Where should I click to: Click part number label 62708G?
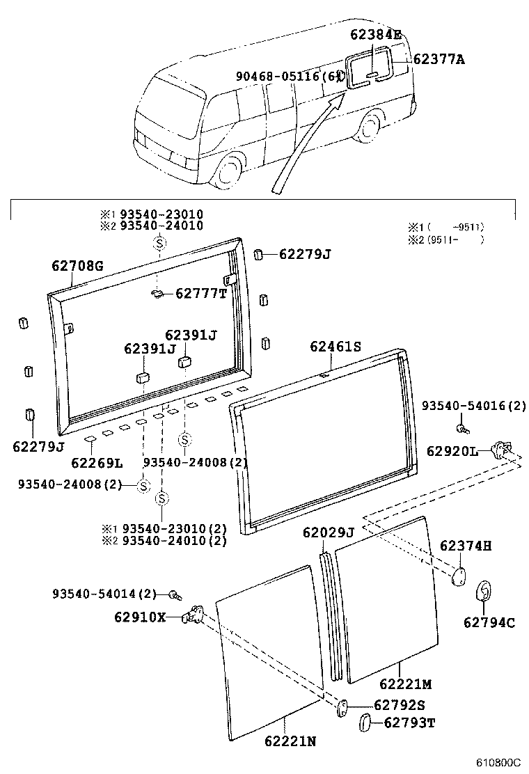point(77,265)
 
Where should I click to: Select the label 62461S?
point(335,345)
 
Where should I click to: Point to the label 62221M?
point(406,684)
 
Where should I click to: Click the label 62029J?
point(328,533)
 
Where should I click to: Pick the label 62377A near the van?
point(439,59)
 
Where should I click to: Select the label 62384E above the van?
point(375,34)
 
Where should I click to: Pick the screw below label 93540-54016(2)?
point(461,427)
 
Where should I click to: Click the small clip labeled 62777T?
point(156,294)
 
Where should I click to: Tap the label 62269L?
point(97,462)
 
